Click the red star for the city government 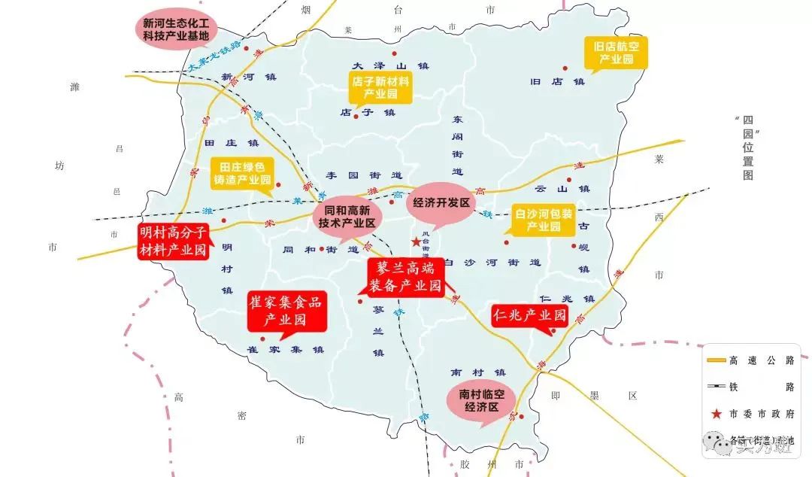(x=416, y=242)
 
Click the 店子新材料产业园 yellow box (x=380, y=87)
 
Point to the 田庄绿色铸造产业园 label (x=242, y=172)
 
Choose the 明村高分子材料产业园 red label (x=174, y=241)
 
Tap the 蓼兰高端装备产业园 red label (x=407, y=276)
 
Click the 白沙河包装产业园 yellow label (x=543, y=219)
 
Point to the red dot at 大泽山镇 (x=393, y=53)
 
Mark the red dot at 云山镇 (x=568, y=179)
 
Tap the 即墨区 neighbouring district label (x=593, y=395)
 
